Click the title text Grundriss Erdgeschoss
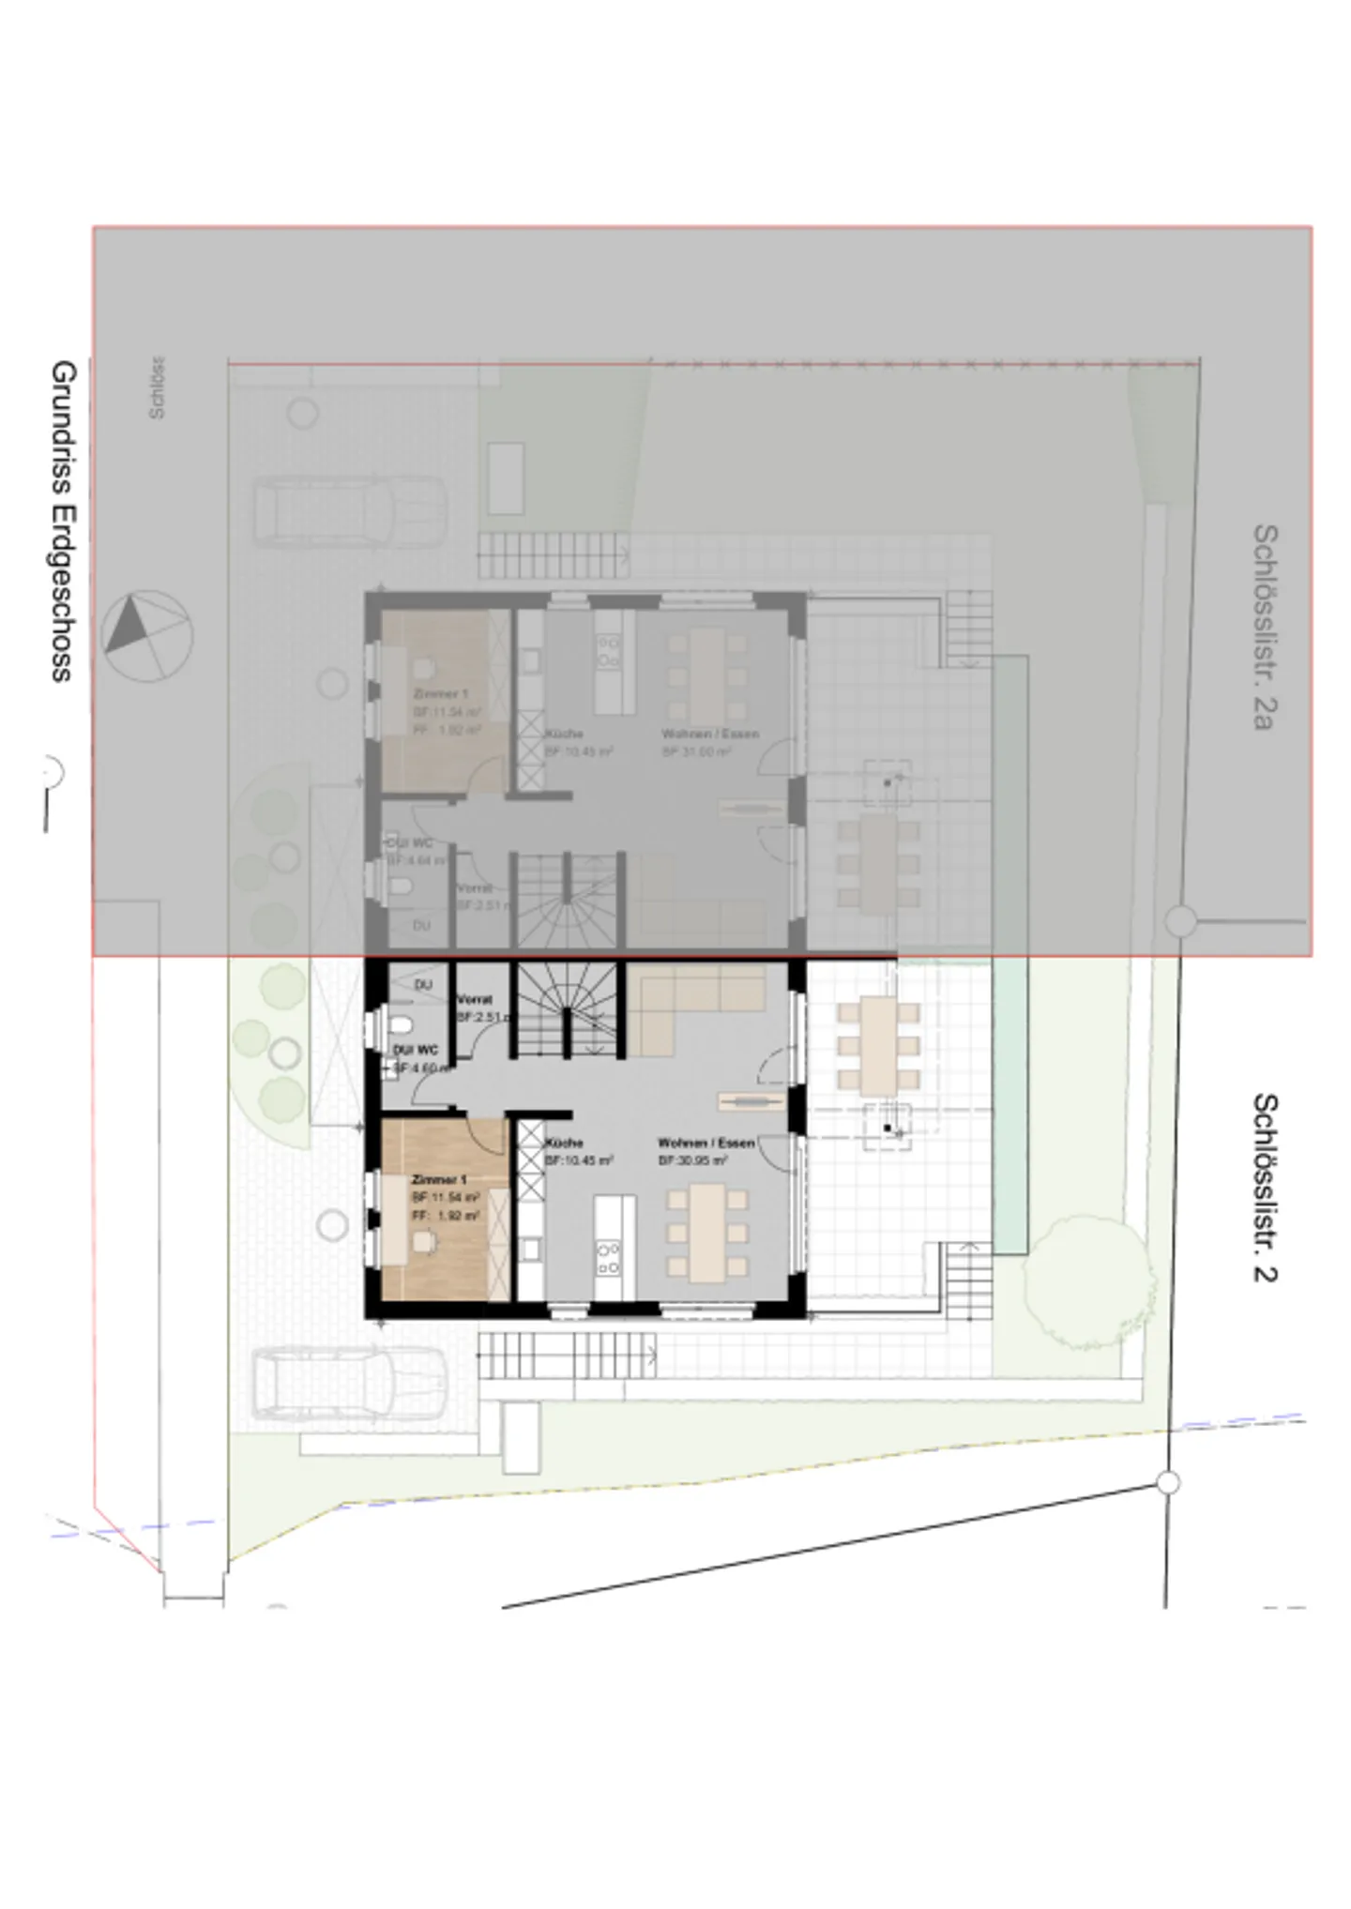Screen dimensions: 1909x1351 pyautogui.click(x=62, y=521)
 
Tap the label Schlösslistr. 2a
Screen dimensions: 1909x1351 pyautogui.click(x=1265, y=626)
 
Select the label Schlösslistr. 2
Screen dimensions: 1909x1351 pyautogui.click(x=1265, y=1187)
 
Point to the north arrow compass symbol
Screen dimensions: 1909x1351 pyautogui.click(x=147, y=635)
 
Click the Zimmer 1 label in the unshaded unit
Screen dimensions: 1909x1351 pyautogui.click(x=439, y=1179)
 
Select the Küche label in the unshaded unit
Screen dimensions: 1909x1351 pyautogui.click(x=564, y=1143)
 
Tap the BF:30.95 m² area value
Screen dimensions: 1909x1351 pyautogui.click(x=693, y=1160)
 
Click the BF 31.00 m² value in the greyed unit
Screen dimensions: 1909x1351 pyautogui.click(x=696, y=751)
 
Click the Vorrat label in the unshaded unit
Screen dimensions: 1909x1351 pyautogui.click(x=475, y=999)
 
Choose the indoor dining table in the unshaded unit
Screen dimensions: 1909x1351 pyautogui.click(x=707, y=1232)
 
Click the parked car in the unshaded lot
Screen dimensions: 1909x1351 pyautogui.click(x=348, y=1383)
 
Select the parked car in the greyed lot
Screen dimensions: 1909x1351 pyautogui.click(x=348, y=511)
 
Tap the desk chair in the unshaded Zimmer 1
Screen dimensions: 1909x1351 pyautogui.click(x=423, y=1241)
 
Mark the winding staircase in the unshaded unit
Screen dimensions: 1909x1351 pyautogui.click(x=568, y=1008)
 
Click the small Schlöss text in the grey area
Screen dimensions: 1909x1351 pyautogui.click(x=157, y=386)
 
